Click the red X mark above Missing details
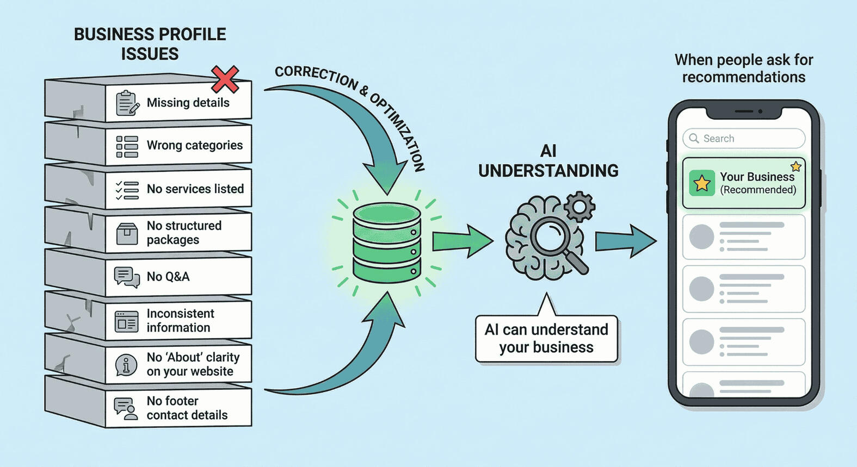[x=225, y=79]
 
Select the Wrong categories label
[x=194, y=145]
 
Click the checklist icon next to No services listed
[x=127, y=190]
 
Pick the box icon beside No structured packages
[x=127, y=234]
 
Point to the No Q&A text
[x=168, y=277]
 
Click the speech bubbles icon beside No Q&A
[x=127, y=277]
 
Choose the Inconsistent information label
[x=180, y=321]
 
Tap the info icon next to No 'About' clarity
[x=126, y=365]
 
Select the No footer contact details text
[x=187, y=408]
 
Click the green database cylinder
[x=386, y=242]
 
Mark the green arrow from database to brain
[x=461, y=241]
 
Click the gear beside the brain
[x=579, y=206]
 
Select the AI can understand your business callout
[x=546, y=339]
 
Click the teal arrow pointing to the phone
[x=625, y=241]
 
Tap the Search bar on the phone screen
[x=744, y=139]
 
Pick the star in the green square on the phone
[x=702, y=183]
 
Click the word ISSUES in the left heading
[x=150, y=54]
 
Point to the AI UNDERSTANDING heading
[x=548, y=161]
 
